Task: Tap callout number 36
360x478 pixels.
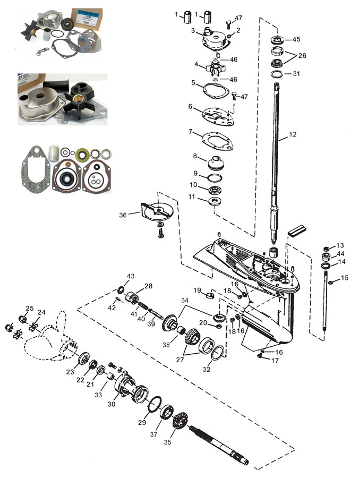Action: pyautogui.click(x=123, y=215)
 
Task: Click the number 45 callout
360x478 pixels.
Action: pyautogui.click(x=296, y=39)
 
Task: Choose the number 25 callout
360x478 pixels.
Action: pyautogui.click(x=30, y=308)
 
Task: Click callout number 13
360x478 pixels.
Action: pyautogui.click(x=340, y=245)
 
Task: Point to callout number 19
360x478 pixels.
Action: pyautogui.click(x=197, y=290)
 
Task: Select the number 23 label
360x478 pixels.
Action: pyautogui.click(x=70, y=372)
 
